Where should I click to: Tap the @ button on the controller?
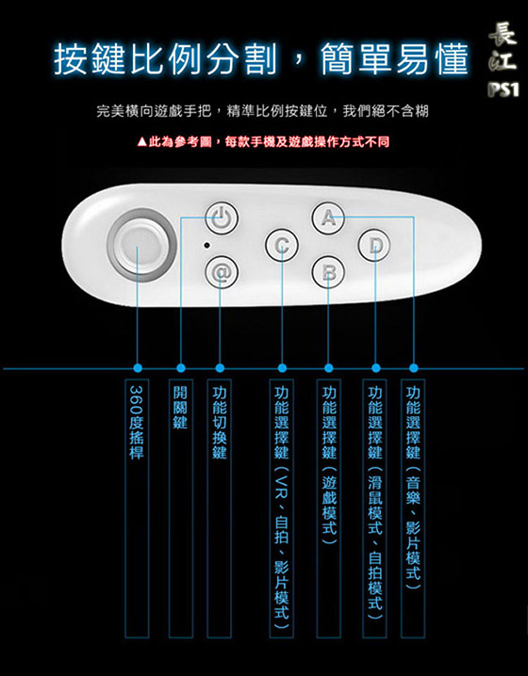(221, 272)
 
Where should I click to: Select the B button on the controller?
(328, 272)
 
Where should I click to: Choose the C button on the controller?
(282, 245)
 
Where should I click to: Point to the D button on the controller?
(374, 245)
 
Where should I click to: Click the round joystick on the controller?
(141, 245)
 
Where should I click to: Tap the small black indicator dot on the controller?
(206, 246)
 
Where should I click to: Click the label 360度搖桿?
(137, 422)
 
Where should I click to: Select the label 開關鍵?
(180, 408)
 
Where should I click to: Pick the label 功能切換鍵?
(220, 422)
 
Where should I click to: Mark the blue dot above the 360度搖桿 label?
(138, 368)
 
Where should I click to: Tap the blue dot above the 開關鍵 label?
(181, 368)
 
